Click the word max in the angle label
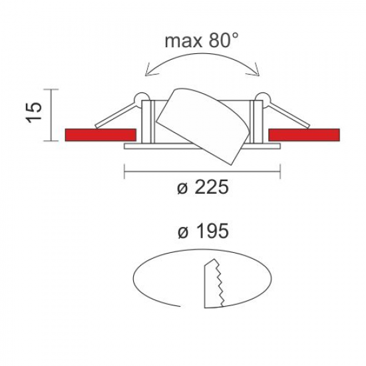click(x=184, y=41)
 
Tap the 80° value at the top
click(x=224, y=40)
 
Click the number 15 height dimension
click(x=34, y=112)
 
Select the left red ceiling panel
click(x=100, y=134)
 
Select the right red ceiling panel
click(x=304, y=134)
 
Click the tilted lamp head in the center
click(x=203, y=126)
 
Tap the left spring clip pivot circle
click(x=141, y=97)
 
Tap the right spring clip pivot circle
click(x=262, y=97)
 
